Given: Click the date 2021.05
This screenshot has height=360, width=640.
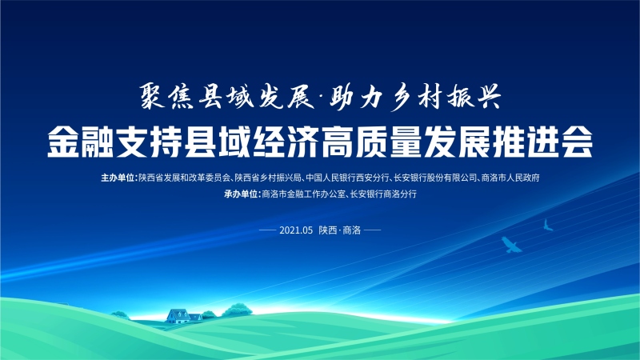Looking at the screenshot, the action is click(296, 230).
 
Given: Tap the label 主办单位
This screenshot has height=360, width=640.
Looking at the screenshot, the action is click(118, 178).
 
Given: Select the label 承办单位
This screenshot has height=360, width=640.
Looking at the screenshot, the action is click(241, 194).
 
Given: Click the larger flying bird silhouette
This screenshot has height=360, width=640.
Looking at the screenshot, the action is click(511, 245).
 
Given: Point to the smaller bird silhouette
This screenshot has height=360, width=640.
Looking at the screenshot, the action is click(548, 226).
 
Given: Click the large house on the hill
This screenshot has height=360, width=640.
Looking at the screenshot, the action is click(178, 316).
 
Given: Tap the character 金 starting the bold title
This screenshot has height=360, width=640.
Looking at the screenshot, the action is click(63, 142).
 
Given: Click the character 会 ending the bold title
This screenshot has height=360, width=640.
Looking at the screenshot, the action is click(577, 142).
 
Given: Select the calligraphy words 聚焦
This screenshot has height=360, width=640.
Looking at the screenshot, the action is click(166, 97).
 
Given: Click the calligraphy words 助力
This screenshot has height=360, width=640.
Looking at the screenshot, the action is click(355, 97).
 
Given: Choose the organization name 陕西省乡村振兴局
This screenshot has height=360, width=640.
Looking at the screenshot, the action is click(268, 178).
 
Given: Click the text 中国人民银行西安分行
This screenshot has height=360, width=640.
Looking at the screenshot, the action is click(347, 178).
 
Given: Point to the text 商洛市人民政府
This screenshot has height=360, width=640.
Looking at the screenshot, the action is click(510, 178).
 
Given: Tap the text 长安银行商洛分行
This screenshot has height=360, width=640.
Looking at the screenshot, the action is click(383, 194).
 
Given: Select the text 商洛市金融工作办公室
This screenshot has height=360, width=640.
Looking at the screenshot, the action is click(304, 194).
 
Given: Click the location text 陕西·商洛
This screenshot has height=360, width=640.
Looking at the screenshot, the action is click(340, 230).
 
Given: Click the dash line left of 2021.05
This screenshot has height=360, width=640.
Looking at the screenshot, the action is click(268, 230).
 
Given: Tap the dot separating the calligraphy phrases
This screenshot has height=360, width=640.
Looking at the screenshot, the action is click(321, 97).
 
